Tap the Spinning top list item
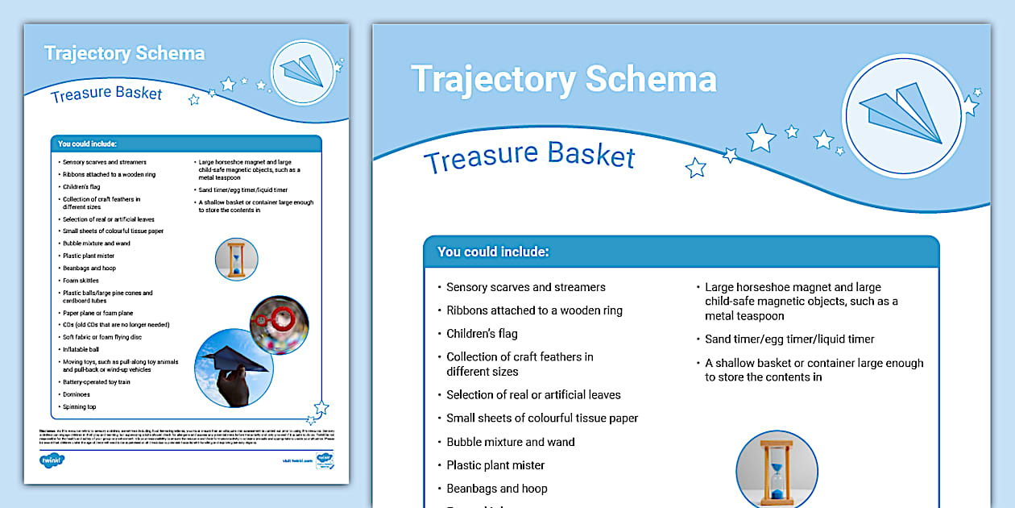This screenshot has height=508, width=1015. pyautogui.click(x=79, y=406)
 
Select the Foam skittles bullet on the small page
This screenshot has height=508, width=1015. pyautogui.click(x=81, y=281)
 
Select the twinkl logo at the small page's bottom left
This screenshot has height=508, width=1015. pyautogui.click(x=52, y=460)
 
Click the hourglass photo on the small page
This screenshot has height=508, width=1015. pyautogui.click(x=236, y=259)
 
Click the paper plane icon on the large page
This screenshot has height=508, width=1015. pyautogui.click(x=903, y=115)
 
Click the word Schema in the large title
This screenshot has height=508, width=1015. pyautogui.click(x=650, y=79)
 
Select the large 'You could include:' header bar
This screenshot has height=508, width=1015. pyautogui.click(x=681, y=252)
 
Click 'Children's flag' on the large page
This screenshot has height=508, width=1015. pyautogui.click(x=482, y=334)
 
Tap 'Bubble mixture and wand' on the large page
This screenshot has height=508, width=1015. pyautogui.click(x=511, y=442)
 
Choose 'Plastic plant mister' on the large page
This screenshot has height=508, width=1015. pyautogui.click(x=495, y=465)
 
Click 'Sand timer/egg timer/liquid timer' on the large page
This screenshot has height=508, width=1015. pyautogui.click(x=789, y=339)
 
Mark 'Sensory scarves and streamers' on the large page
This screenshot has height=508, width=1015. pyautogui.click(x=525, y=287)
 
